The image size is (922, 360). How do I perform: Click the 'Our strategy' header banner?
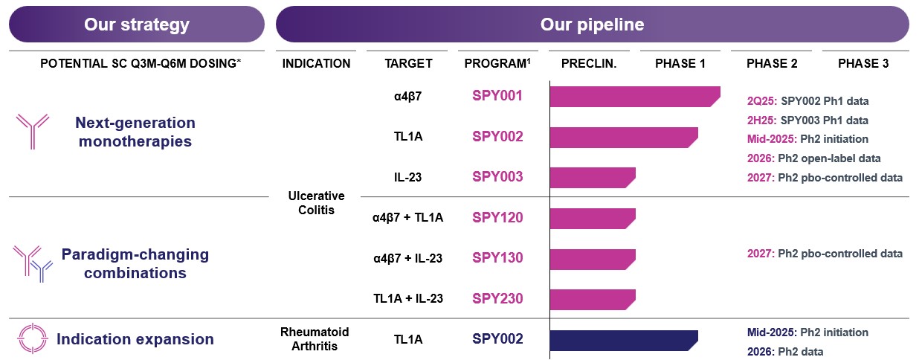click(x=137, y=25)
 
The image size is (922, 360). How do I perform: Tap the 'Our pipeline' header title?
click(x=592, y=25)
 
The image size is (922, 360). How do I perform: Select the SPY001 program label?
click(x=497, y=96)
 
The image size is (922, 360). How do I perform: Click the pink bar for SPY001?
click(x=634, y=97)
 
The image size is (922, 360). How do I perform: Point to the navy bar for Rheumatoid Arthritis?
click(x=623, y=339)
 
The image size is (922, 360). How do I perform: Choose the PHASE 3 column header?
click(x=863, y=64)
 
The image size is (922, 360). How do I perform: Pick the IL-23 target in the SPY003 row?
click(x=407, y=177)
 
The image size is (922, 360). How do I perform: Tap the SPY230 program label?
click(x=497, y=299)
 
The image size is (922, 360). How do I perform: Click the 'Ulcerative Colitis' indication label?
click(x=316, y=202)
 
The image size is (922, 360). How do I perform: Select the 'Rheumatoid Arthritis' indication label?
click(x=316, y=339)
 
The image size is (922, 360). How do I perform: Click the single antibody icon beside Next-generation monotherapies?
click(x=32, y=131)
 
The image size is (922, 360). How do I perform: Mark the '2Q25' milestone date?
click(x=761, y=100)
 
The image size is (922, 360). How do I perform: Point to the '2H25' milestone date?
click(x=761, y=120)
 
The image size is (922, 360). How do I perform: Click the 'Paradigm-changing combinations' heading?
click(x=135, y=263)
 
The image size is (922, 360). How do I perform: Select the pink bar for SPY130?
click(x=592, y=258)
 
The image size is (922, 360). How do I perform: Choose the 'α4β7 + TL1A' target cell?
click(x=407, y=218)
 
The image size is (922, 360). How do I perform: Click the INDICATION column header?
click(x=316, y=64)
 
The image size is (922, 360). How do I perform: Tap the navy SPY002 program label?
click(x=497, y=339)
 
